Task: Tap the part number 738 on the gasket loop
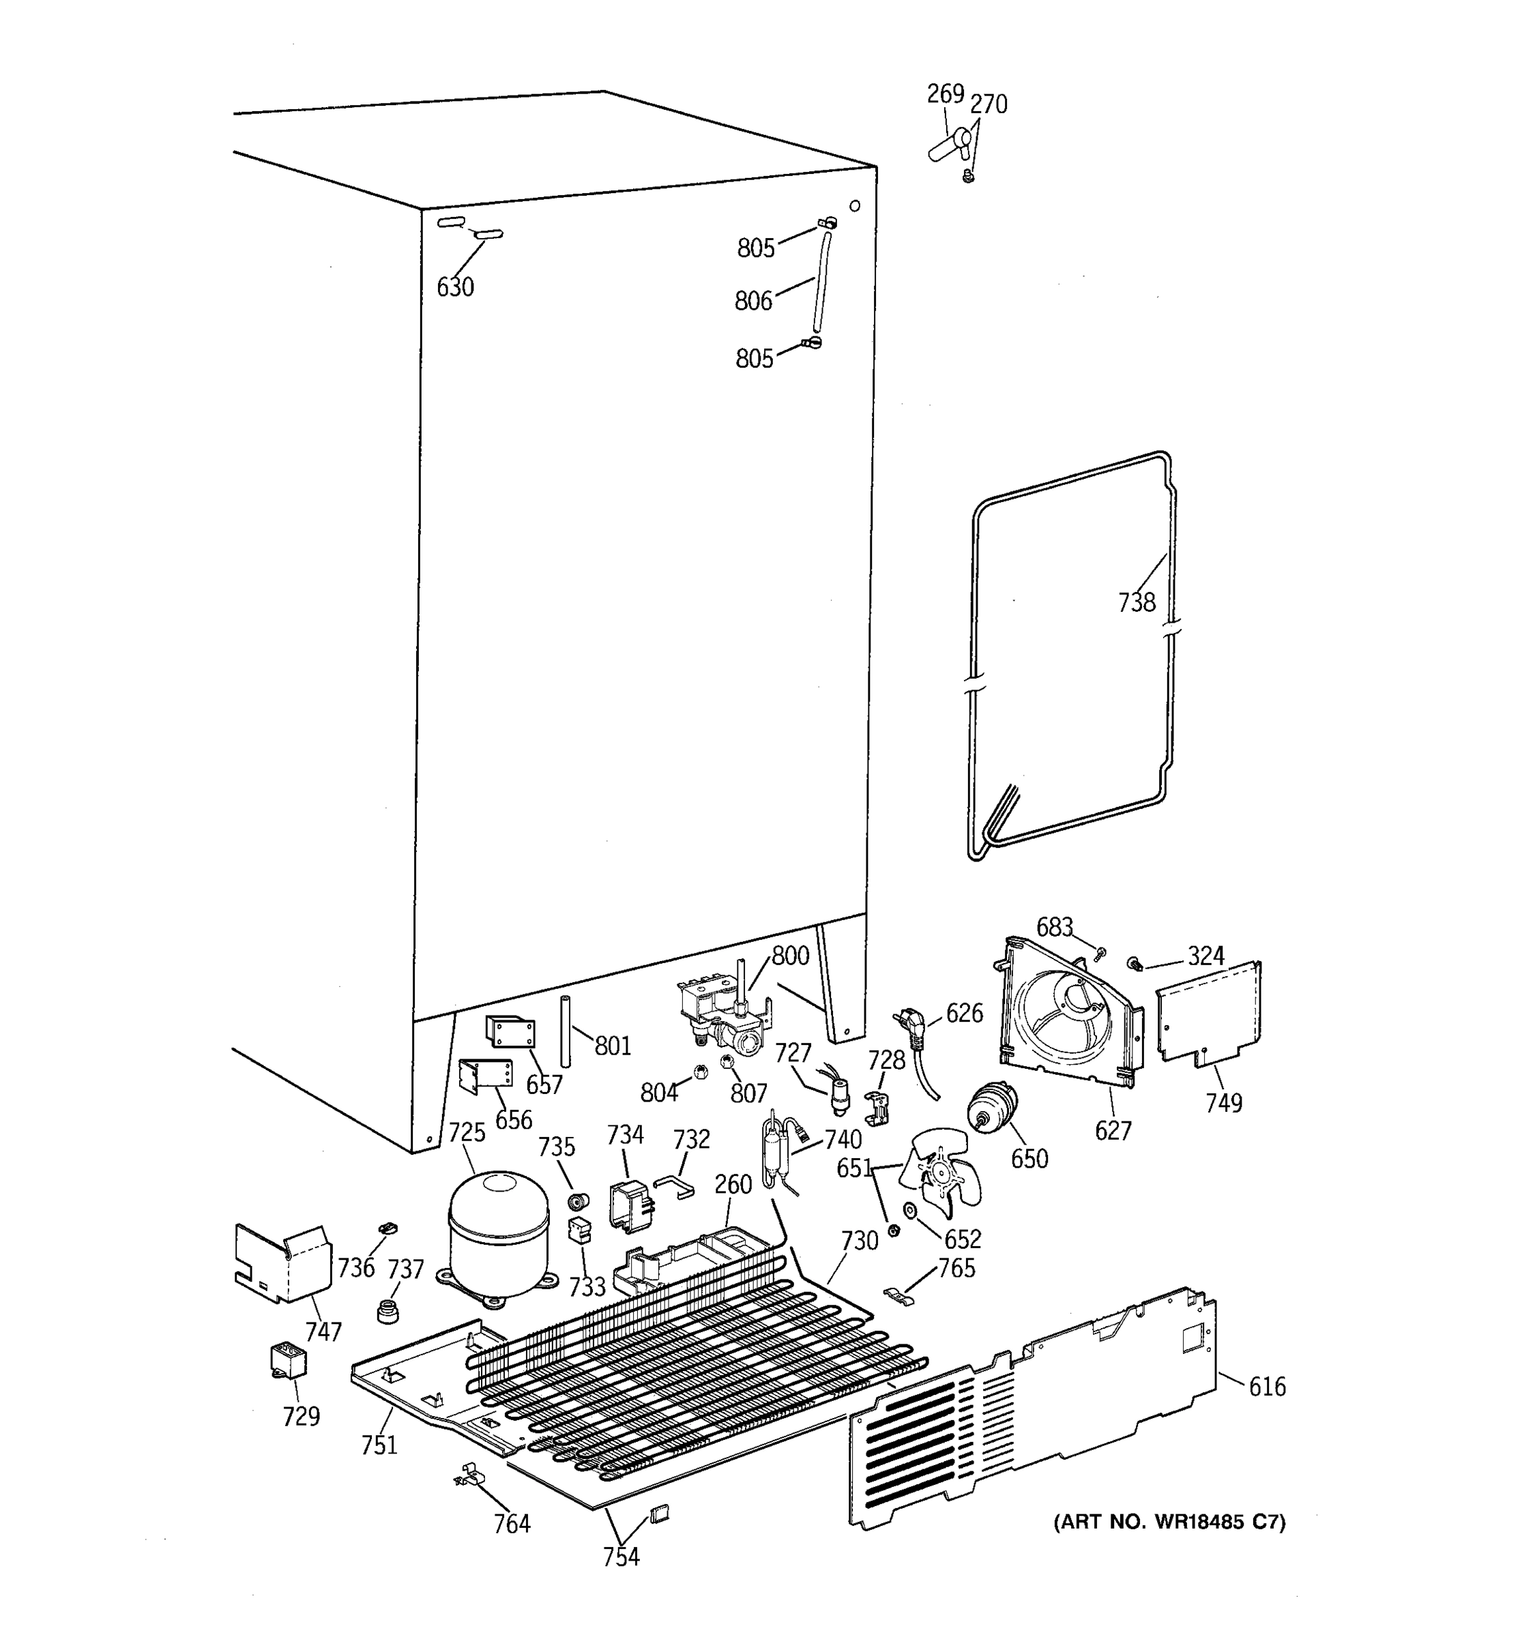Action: [x=1137, y=603]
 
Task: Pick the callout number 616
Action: [x=1266, y=1387]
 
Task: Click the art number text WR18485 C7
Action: [x=1169, y=1522]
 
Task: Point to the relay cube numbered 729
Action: [x=288, y=1360]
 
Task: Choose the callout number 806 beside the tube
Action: [x=753, y=301]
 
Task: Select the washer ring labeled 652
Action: [x=910, y=1211]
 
